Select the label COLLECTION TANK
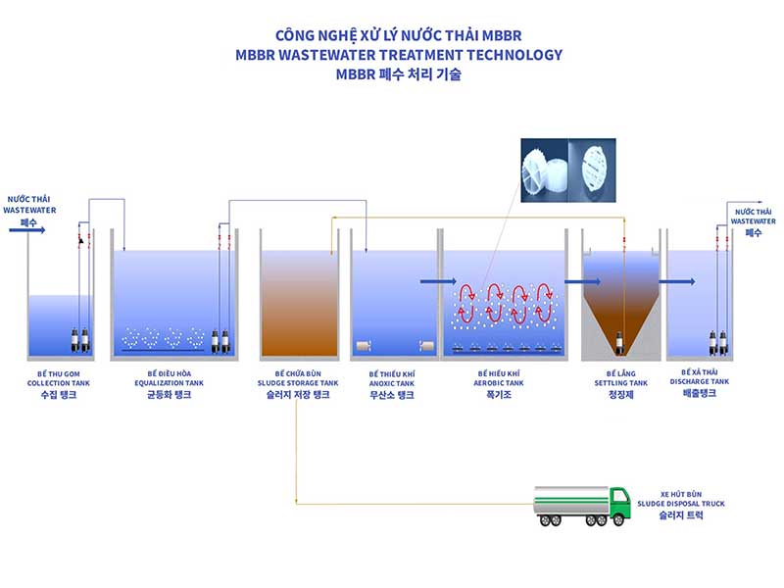click(x=60, y=383)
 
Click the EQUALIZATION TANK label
click(x=175, y=383)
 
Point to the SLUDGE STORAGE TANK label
click(x=298, y=383)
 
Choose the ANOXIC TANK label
click(x=391, y=383)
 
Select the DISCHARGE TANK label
click(x=699, y=383)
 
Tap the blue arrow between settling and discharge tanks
click(x=676, y=282)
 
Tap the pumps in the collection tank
click(x=80, y=338)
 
